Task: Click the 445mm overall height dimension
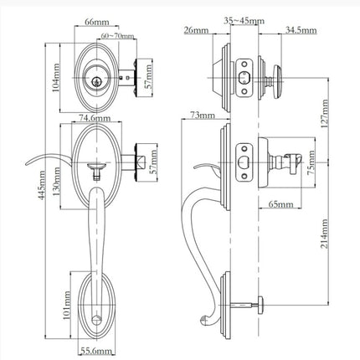pyautogui.click(x=41, y=186)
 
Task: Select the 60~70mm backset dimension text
pyautogui.click(x=117, y=36)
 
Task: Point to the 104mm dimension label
pyautogui.click(x=56, y=78)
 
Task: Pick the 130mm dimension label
pyautogui.click(x=56, y=182)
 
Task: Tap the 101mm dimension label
pyautogui.click(x=66, y=306)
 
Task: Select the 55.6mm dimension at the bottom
pyautogui.click(x=96, y=351)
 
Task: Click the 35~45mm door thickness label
pyautogui.click(x=244, y=21)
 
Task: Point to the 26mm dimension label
pyautogui.click(x=196, y=30)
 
